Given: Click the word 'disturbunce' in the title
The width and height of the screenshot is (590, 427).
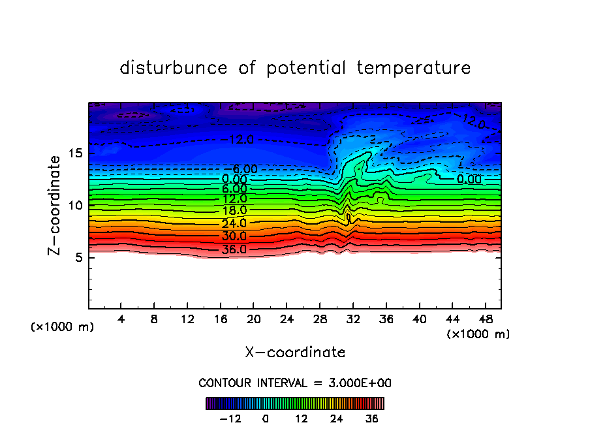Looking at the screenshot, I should pos(174,68).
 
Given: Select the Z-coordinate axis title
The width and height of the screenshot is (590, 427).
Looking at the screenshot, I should pos(57,205).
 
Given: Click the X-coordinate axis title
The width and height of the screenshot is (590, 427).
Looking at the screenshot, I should pos(295,353).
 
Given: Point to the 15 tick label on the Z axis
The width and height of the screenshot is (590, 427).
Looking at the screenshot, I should pos(77,154).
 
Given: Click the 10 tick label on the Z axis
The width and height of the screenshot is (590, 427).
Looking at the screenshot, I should pos(77,206).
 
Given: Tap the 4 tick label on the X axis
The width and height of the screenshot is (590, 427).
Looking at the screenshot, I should pos(121,320).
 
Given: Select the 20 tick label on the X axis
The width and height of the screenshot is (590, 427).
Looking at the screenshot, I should pos(253,320).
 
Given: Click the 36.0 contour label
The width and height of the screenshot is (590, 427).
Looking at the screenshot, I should pos(234,249).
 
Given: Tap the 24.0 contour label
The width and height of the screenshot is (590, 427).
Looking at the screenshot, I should pos(234,224).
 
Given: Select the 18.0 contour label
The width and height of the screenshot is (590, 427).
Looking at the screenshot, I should pos(234,211).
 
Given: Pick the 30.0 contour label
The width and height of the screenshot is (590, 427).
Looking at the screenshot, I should pos(234,236).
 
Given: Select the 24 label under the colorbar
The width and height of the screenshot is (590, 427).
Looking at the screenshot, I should pos(336,419).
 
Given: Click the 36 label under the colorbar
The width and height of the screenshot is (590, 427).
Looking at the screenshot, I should pos(371,419).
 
